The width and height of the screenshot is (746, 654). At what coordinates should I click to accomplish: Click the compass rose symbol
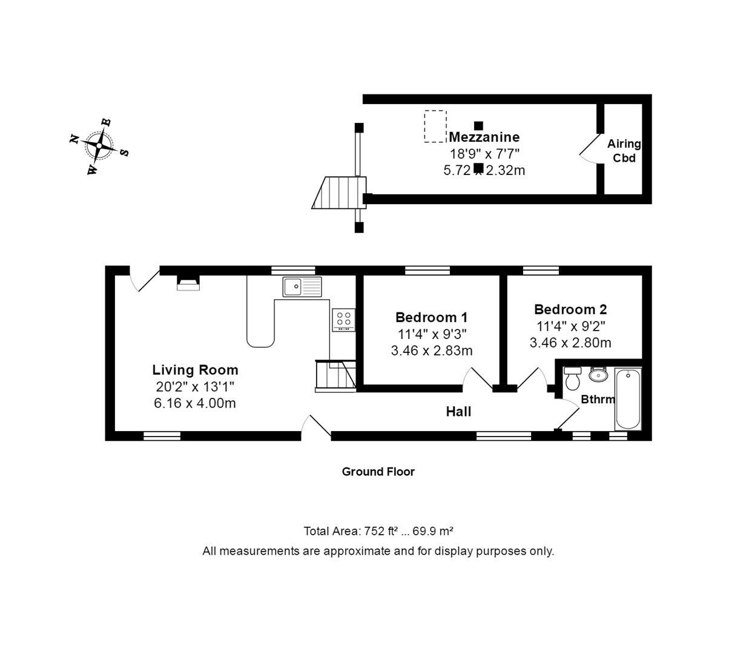pyautogui.click(x=99, y=146)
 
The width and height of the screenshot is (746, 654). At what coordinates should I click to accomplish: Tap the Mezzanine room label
pyautogui.click(x=484, y=137)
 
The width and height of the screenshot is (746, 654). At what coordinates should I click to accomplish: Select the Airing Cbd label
pyautogui.click(x=624, y=151)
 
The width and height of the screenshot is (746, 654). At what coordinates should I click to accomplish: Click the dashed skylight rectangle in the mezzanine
pyautogui.click(x=435, y=126)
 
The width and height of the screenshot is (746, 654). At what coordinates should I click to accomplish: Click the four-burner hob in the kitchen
pyautogui.click(x=344, y=320)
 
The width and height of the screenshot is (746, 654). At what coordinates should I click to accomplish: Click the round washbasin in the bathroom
pyautogui.click(x=598, y=375)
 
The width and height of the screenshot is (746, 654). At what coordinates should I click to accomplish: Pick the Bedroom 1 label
pyautogui.click(x=431, y=317)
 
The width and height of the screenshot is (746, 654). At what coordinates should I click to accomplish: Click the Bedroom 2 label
pyautogui.click(x=570, y=309)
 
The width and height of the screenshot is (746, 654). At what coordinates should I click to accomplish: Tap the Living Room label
pyautogui.click(x=195, y=370)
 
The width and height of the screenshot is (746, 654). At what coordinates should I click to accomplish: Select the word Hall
pyautogui.click(x=458, y=412)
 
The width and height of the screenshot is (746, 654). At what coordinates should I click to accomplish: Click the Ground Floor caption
pyautogui.click(x=378, y=472)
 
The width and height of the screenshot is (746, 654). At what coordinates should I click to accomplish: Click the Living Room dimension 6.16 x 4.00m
pyautogui.click(x=195, y=403)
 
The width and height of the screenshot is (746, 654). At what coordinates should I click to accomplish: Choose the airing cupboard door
pyautogui.click(x=589, y=147)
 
